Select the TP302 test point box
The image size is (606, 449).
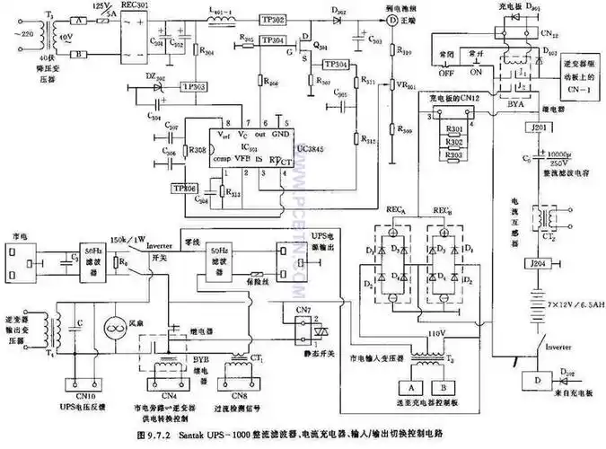click(274, 18)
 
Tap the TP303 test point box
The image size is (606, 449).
click(193, 86)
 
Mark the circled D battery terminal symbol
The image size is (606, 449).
click(391, 18)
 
